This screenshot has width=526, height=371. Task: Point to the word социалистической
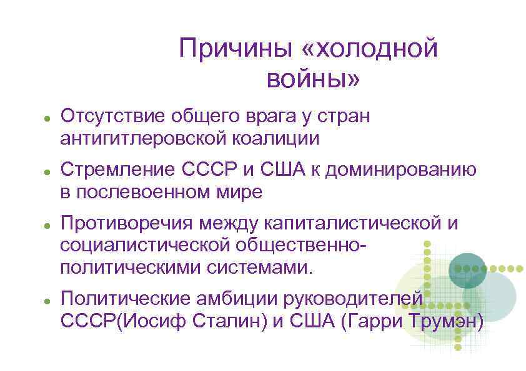coord(149,246)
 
